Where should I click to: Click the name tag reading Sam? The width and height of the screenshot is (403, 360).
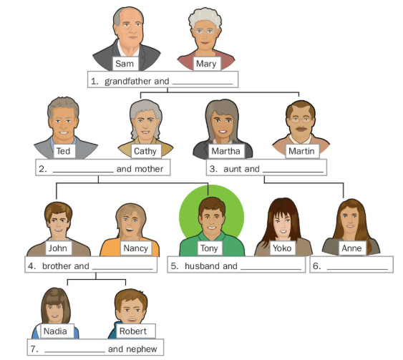coord(125,64)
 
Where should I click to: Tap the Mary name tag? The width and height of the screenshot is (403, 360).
coord(207,64)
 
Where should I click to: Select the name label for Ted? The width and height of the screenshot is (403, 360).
coord(64,151)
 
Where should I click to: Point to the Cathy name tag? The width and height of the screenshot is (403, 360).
coord(146,151)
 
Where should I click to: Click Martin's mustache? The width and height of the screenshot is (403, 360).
coord(301,129)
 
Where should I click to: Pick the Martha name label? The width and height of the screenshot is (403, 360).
coord(226,151)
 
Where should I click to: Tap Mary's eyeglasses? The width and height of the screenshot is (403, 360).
coord(205,31)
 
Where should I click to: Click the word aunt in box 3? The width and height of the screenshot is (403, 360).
coord(233,169)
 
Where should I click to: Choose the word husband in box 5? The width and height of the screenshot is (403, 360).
coord(202,266)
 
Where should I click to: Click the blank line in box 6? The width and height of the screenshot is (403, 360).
coord(357,269)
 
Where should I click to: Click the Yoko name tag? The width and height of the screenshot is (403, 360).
coord(282,248)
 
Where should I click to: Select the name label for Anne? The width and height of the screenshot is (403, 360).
coord(352,248)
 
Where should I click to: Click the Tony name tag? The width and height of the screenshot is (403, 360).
coord(210,248)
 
